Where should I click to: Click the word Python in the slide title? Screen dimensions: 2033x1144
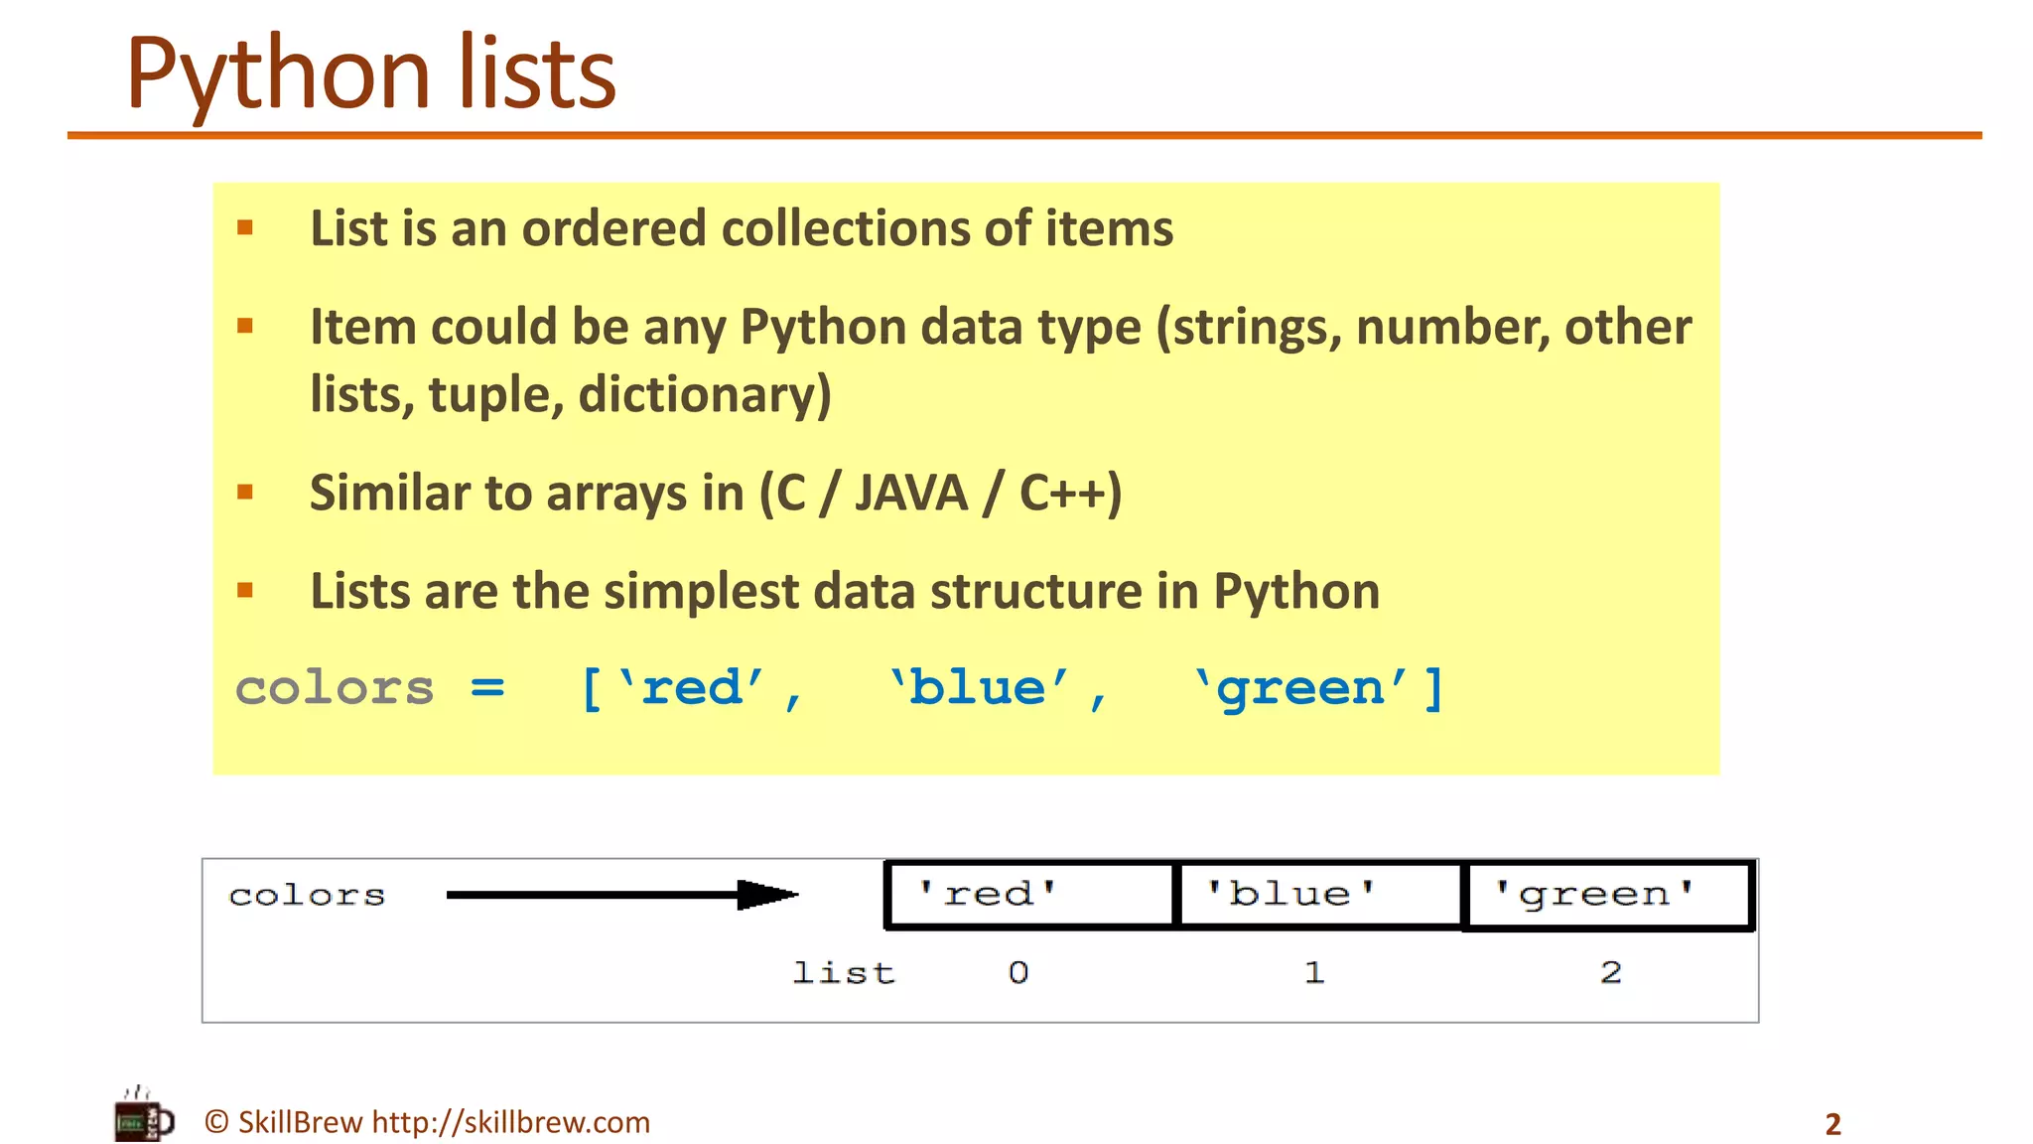pos(278,74)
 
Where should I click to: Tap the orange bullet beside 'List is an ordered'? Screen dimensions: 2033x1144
pos(245,228)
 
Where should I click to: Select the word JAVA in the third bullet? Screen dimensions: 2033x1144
pos(910,493)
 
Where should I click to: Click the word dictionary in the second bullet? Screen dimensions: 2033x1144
pos(704,394)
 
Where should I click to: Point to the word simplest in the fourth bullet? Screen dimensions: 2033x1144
pos(701,592)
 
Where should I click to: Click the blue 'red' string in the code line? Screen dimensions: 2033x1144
pos(692,687)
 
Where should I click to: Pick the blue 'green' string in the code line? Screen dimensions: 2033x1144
pos(1301,687)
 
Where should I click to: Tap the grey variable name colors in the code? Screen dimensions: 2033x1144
pos(335,687)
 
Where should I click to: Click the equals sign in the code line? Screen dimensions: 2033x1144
pos(487,687)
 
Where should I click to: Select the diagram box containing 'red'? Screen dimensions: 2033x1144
pos(1029,894)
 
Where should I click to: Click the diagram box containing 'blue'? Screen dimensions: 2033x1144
pos(1319,894)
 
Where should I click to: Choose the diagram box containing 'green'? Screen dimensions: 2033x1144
pos(1608,894)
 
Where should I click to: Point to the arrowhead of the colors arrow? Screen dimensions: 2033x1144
pos(768,895)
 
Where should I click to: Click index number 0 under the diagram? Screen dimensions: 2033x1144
pos(1018,972)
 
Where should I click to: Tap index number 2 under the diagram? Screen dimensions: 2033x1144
pos(1610,972)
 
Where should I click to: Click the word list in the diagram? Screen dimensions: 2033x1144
pos(844,972)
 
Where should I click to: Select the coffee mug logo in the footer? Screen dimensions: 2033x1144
pos(143,1116)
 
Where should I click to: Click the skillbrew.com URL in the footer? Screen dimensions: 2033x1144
pos(511,1122)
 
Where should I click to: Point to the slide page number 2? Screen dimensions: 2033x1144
pos(1832,1124)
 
